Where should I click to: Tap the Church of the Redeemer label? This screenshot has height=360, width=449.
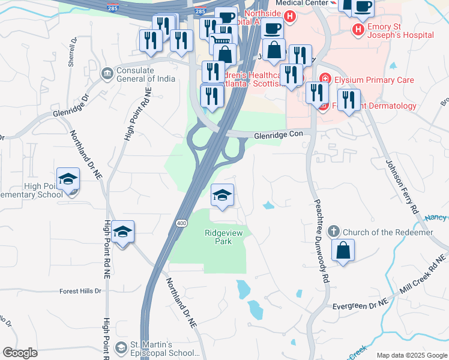pos(388,232)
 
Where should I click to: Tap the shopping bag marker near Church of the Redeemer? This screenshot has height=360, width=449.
pos(343,251)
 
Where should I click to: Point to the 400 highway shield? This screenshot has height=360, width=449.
pos(181,223)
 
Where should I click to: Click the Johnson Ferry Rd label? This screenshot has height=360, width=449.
pos(401,186)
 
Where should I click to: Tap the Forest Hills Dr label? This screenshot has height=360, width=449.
pos(81,291)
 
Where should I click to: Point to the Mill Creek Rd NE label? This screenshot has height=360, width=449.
pos(420,279)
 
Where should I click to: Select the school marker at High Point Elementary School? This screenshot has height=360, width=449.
pos(68,179)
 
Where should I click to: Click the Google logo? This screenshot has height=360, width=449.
pos(20,353)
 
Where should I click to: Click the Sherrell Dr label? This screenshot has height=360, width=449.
pos(73,53)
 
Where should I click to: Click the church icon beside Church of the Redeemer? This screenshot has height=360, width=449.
pos(334,232)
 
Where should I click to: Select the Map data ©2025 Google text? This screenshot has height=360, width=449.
pos(411,355)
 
